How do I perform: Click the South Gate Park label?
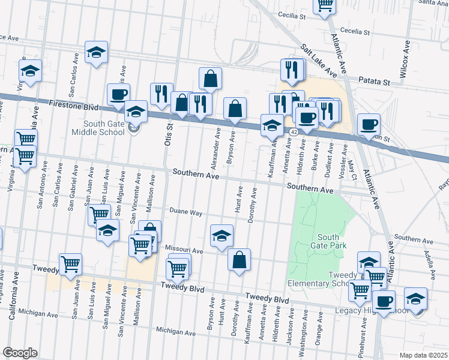328,241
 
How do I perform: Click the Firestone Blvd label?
73,104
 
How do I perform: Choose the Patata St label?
375,80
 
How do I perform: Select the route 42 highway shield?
293,131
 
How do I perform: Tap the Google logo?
20,353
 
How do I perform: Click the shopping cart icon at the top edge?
325,5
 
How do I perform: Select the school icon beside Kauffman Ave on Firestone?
272,125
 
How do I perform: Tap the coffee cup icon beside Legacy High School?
384,302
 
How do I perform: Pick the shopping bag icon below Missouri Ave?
239,260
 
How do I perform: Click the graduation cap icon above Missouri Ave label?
221,235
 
